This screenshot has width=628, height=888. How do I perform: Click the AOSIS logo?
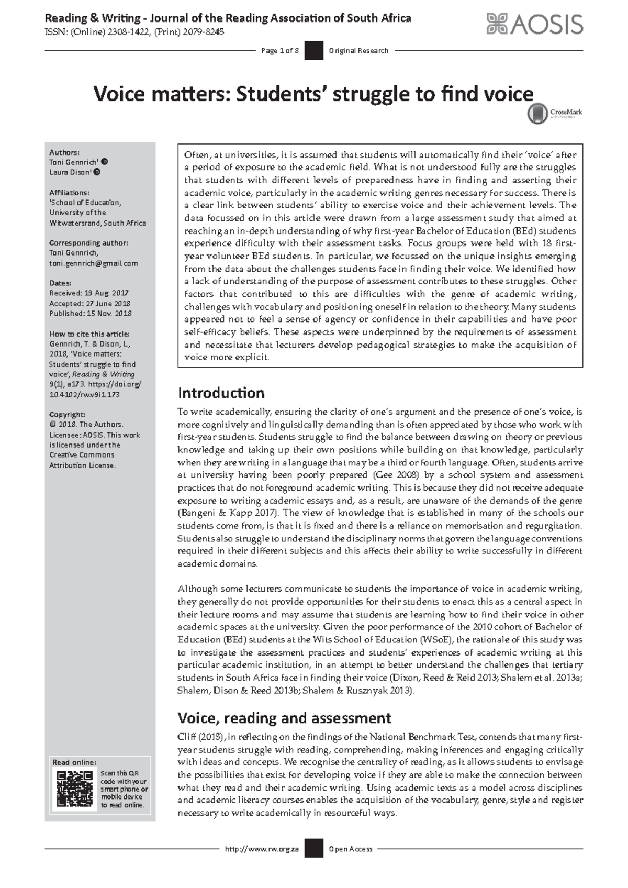tap(534, 24)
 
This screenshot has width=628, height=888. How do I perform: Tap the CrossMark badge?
tap(555, 113)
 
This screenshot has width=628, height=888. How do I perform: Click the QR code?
tap(75, 789)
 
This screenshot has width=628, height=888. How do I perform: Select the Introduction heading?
tap(221, 393)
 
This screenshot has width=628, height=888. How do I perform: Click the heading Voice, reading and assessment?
tap(284, 717)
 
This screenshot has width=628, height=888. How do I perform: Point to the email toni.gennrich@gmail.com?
tap(93, 263)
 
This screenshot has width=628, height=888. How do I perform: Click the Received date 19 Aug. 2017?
tap(88, 293)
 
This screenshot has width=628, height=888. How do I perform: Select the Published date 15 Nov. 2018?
tap(90, 314)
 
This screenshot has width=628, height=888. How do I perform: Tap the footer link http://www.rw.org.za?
tap(261, 849)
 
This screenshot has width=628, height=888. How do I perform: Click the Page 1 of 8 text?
tap(279, 51)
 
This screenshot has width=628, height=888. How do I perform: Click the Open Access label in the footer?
tap(351, 849)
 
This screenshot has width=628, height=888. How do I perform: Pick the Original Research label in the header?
tap(358, 51)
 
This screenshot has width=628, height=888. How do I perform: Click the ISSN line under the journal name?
tap(134, 32)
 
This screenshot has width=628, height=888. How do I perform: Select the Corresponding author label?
tap(88, 243)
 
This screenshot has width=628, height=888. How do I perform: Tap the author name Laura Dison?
tap(70, 172)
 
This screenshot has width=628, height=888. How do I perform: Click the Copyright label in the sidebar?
tap(67, 414)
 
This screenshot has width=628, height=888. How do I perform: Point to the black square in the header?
tap(313, 51)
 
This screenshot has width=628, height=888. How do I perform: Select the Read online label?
tap(74, 762)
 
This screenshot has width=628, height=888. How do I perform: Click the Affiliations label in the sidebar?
tap(69, 192)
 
